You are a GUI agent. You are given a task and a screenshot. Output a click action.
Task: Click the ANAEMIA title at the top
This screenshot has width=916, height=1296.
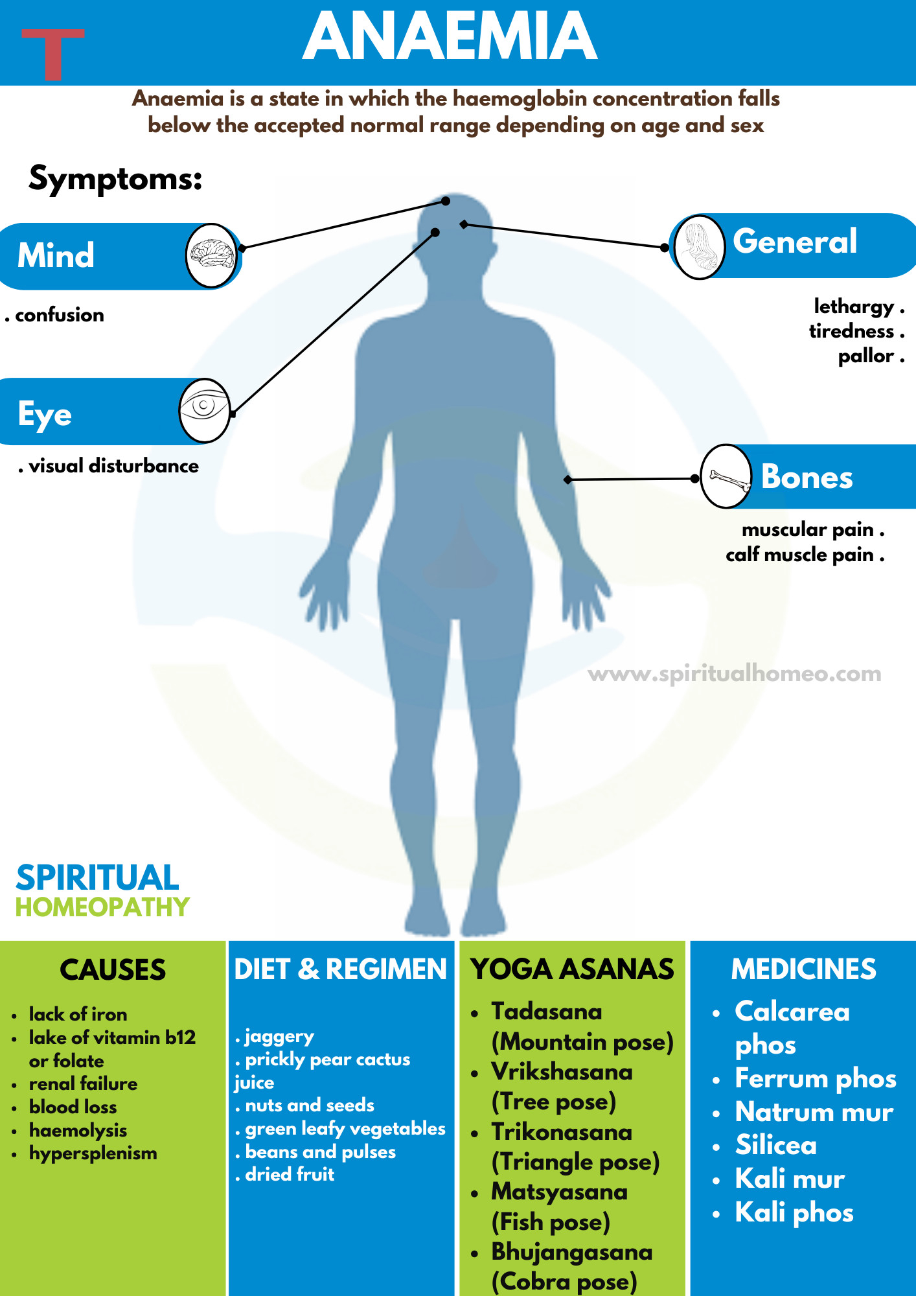[x=450, y=38]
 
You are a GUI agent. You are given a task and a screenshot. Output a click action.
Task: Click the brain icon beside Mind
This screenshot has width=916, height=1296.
[x=211, y=255]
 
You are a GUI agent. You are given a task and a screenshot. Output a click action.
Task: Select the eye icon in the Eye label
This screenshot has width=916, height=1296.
[x=205, y=410]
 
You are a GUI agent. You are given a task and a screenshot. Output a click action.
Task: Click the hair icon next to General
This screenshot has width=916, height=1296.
[x=699, y=247]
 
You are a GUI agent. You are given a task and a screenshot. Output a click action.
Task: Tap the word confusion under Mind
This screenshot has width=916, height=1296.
[x=59, y=316]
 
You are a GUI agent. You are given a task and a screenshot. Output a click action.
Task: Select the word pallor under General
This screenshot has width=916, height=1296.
[x=866, y=356]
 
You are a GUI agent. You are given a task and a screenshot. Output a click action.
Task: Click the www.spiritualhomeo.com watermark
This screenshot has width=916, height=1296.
[x=734, y=674]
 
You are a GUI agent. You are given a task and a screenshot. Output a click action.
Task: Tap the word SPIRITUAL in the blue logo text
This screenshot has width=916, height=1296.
[x=97, y=878]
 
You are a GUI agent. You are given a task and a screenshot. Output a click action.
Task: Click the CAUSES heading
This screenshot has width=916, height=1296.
[x=113, y=970]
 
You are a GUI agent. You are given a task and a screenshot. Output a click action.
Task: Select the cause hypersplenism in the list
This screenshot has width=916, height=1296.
[x=93, y=1153]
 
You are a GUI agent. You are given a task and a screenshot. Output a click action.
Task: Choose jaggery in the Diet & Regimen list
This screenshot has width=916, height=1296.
[x=279, y=1036]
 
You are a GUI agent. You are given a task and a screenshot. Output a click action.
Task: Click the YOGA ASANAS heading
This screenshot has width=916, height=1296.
[x=572, y=969]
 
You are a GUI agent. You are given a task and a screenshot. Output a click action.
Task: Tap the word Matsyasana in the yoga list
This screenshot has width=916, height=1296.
[x=559, y=1192]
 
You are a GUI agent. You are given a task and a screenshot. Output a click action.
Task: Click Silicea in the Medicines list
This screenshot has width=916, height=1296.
[x=775, y=1146]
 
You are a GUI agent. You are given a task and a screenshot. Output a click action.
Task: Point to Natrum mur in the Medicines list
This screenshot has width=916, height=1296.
[x=814, y=1112]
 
